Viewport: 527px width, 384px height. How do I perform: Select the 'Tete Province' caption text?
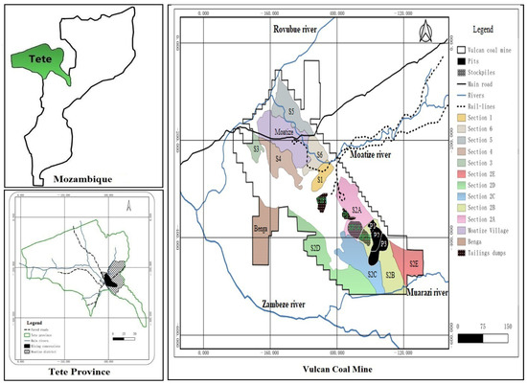tap(82, 371)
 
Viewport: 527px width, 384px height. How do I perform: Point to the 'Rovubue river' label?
tap(296, 34)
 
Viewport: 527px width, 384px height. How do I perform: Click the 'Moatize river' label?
tap(372, 154)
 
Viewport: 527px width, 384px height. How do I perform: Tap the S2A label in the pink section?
tap(356, 208)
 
